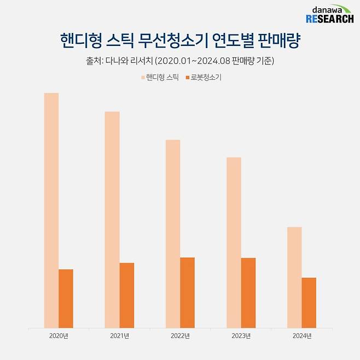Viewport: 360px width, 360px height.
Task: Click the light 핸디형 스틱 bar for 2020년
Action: (51, 211)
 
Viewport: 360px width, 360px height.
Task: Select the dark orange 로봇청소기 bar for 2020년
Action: (66, 299)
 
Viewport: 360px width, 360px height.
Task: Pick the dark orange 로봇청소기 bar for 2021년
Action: (126, 295)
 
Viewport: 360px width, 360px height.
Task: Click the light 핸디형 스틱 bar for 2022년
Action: (173, 234)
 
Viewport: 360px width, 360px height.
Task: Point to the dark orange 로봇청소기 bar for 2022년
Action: (187, 293)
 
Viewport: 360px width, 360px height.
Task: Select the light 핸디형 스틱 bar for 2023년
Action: (234, 243)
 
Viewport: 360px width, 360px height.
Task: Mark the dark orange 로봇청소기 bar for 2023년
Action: (248, 293)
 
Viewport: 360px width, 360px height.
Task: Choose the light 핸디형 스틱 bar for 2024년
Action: (294, 277)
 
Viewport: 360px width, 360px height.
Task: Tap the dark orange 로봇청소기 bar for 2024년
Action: (309, 303)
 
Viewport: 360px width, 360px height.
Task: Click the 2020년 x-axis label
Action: (58, 336)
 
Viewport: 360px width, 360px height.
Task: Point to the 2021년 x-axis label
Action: (119, 336)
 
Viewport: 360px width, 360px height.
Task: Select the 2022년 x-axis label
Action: (180, 336)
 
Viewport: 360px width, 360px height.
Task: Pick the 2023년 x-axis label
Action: (241, 336)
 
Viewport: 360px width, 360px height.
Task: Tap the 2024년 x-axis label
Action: (301, 336)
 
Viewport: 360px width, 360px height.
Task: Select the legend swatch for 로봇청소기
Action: (188, 78)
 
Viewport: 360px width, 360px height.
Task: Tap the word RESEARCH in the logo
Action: (329, 19)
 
